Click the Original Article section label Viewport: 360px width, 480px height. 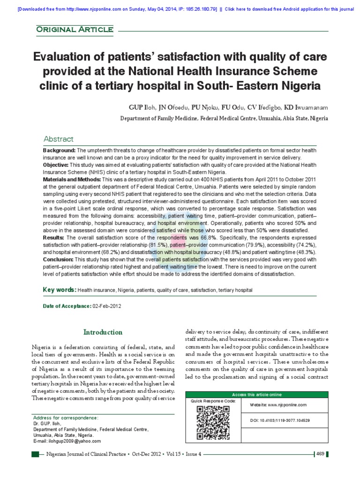pos(75,30)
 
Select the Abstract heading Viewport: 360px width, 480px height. pos(58,139)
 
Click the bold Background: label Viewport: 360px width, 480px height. pos(59,150)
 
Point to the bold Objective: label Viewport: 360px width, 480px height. pos(56,165)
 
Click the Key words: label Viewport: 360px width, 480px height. pos(60,290)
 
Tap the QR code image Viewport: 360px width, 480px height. pos(212,422)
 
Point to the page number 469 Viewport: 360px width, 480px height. pos(321,454)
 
